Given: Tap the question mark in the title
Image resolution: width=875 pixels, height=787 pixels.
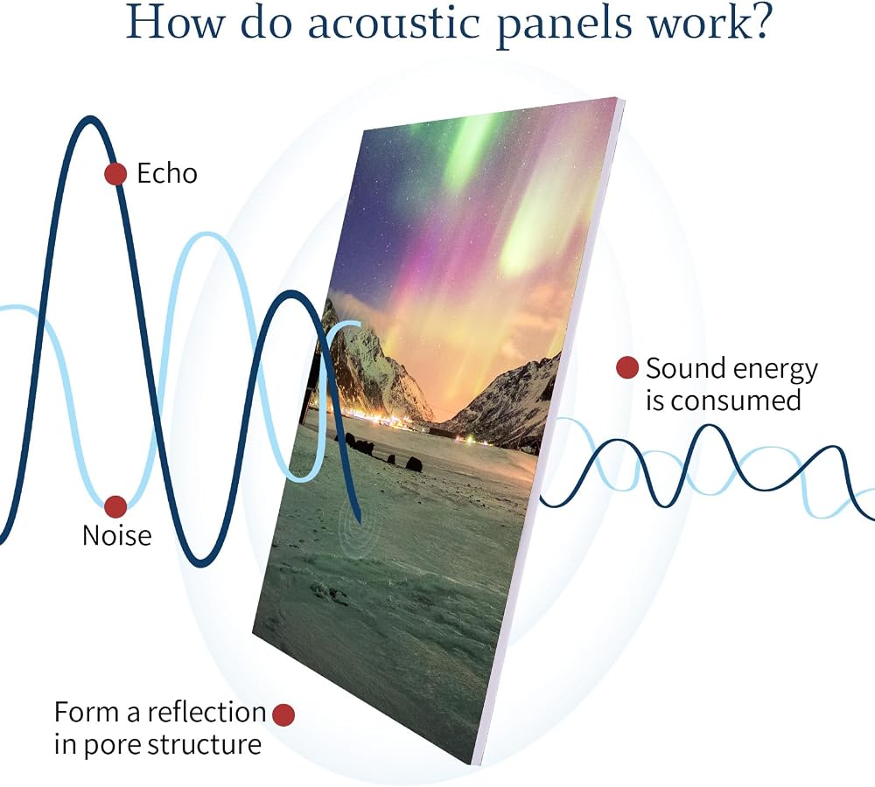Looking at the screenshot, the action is pos(758,21).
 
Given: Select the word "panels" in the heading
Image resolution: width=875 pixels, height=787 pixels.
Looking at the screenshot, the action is pos(564,26).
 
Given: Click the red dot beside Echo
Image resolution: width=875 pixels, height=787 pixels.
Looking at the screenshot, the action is pos(115,174).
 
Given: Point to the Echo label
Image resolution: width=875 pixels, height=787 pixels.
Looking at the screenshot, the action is pos(167,173).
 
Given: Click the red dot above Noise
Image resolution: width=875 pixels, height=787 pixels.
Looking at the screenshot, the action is pos(115,506).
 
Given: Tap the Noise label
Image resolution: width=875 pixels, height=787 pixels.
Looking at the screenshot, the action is pos(116,535).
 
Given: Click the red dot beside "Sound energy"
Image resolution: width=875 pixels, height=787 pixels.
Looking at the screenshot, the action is pos(627,368).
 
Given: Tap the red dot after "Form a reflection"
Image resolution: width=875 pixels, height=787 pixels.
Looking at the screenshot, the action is pos(283,714).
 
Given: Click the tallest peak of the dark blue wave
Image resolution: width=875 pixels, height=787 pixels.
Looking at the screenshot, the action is pos(89,119).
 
